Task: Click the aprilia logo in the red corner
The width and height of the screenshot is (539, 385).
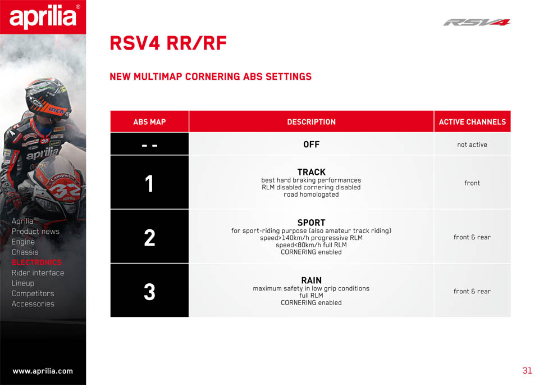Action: pyautogui.click(x=43, y=17)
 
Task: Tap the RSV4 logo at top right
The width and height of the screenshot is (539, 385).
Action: pyautogui.click(x=477, y=22)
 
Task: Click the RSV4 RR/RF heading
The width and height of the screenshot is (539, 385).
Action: pyautogui.click(x=168, y=43)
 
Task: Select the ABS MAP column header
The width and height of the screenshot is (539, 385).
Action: pyautogui.click(x=149, y=122)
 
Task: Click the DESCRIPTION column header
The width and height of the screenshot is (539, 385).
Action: pyautogui.click(x=312, y=122)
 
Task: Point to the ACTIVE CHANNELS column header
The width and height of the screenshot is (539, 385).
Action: pyautogui.click(x=472, y=122)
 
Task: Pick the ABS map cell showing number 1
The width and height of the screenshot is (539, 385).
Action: pyautogui.click(x=149, y=182)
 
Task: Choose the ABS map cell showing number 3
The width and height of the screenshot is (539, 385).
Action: pyautogui.click(x=149, y=291)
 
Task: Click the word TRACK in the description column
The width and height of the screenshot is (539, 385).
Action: pyautogui.click(x=312, y=172)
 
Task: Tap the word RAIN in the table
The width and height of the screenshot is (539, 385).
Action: pyautogui.click(x=312, y=280)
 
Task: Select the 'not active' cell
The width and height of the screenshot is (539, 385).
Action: pyautogui.click(x=472, y=144)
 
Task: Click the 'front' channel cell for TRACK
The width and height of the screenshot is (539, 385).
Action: pyautogui.click(x=472, y=183)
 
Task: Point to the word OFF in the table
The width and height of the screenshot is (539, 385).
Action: pyautogui.click(x=312, y=144)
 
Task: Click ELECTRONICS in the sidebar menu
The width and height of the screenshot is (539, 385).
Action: pyautogui.click(x=37, y=262)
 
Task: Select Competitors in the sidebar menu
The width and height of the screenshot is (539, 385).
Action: pyautogui.click(x=33, y=293)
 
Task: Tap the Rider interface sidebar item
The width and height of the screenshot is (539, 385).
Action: pyautogui.click(x=38, y=273)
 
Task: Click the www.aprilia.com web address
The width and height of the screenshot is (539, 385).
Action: pyautogui.click(x=43, y=372)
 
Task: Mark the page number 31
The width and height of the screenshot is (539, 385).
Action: pyautogui.click(x=527, y=370)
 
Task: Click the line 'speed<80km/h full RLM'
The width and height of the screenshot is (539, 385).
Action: pyautogui.click(x=311, y=245)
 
